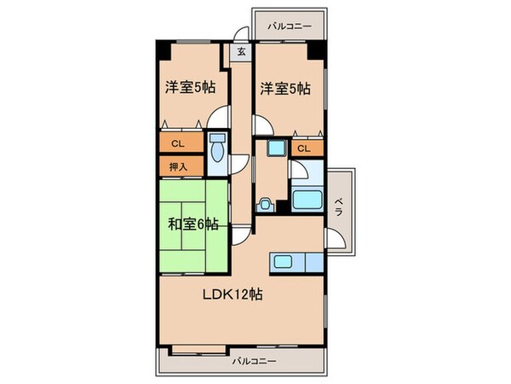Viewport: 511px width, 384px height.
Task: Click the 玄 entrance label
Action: tap(241, 51)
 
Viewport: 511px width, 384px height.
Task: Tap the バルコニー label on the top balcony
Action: tap(289, 26)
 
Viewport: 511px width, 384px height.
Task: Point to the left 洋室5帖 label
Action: tap(189, 87)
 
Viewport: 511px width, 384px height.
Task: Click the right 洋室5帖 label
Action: tap(285, 87)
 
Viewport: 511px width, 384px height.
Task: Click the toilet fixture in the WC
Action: tap(216, 151)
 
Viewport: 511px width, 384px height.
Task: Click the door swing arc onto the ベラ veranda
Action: tap(337, 238)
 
